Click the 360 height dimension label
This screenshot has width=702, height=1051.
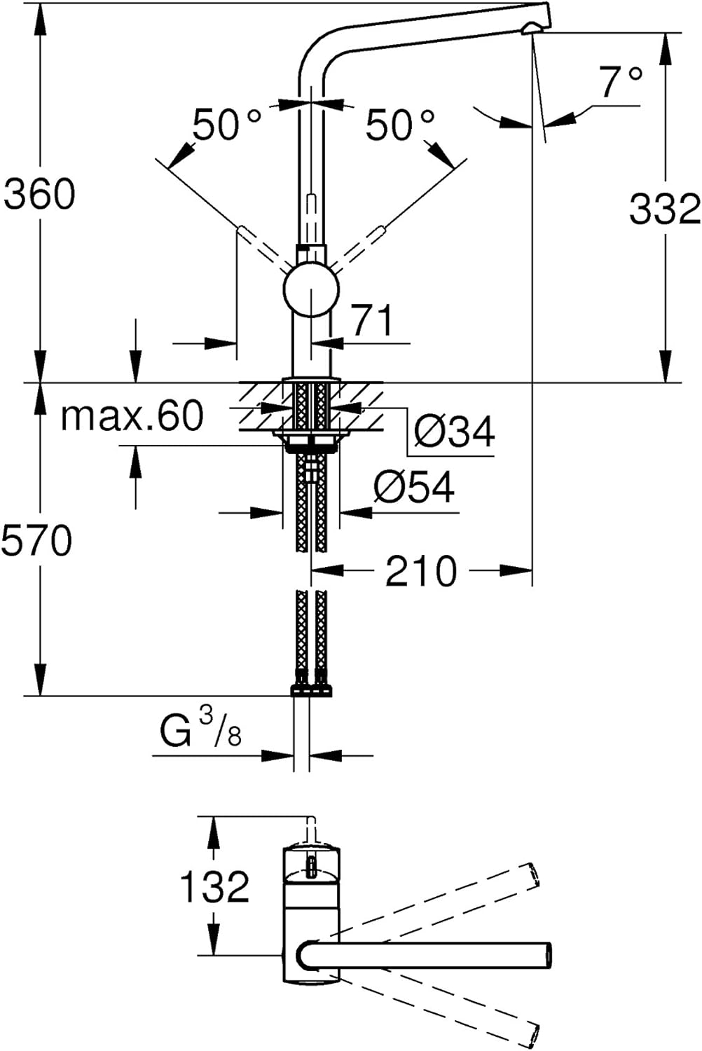(x=39, y=194)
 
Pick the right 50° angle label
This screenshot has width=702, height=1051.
(x=400, y=125)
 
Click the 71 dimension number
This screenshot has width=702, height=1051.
(x=373, y=321)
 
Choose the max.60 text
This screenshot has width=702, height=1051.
(x=133, y=415)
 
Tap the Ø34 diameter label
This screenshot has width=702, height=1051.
(x=454, y=431)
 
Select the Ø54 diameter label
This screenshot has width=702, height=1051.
(x=414, y=486)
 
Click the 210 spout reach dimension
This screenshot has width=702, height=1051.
(x=421, y=571)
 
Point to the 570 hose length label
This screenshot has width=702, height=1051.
(x=36, y=540)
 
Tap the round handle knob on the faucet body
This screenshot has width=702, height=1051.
(x=310, y=290)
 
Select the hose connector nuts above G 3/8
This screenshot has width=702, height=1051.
(x=311, y=689)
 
